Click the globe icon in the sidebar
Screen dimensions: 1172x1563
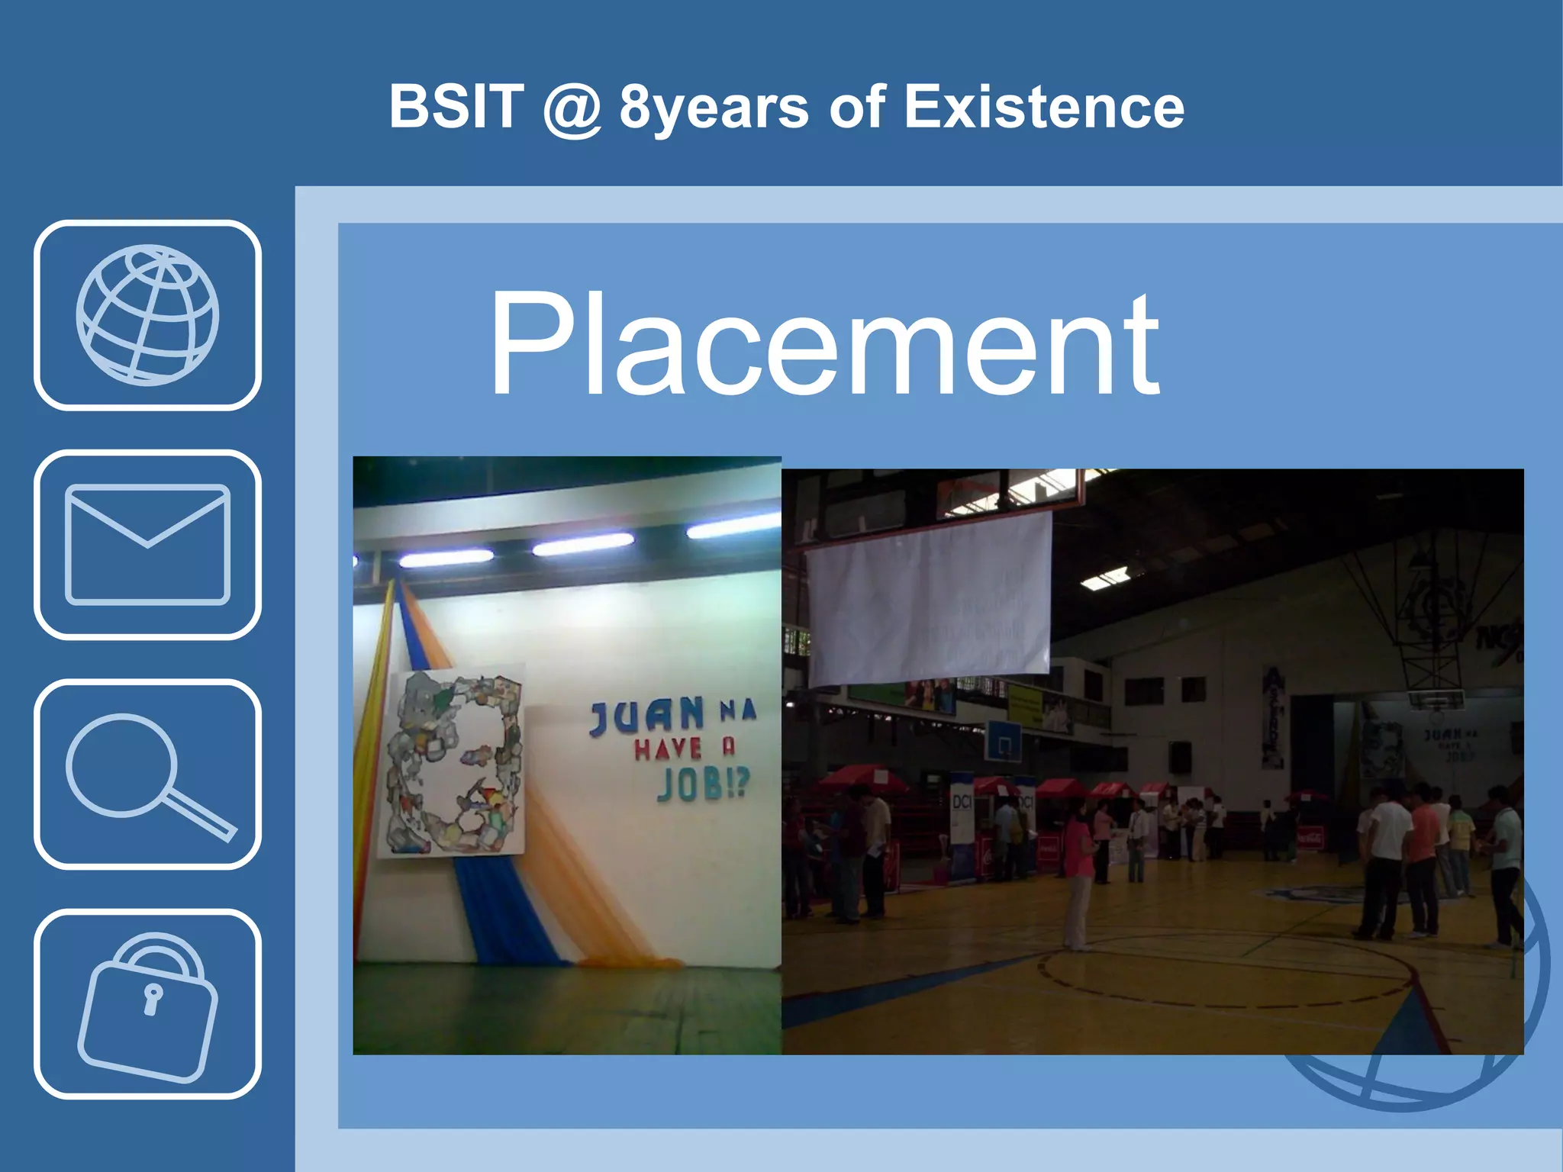coord(147,315)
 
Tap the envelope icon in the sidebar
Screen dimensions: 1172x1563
coord(147,544)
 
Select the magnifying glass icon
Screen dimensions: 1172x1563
coord(147,774)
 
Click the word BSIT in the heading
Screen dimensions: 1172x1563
coord(456,107)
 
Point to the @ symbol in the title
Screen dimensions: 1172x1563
coord(572,108)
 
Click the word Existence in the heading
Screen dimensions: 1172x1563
coord(1043,107)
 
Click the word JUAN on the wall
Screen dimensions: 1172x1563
coord(647,716)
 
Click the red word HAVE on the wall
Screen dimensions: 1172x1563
coord(669,749)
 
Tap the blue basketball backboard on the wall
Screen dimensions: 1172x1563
coord(1004,739)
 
